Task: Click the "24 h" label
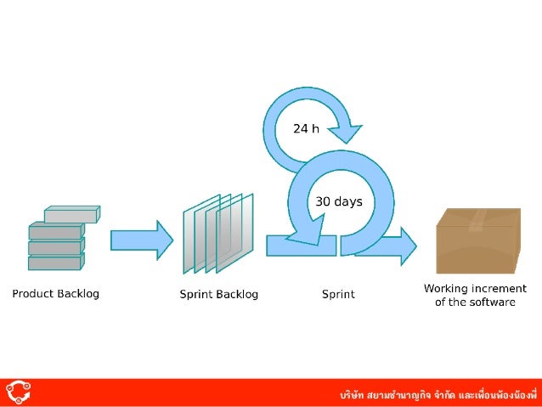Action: pyautogui.click(x=306, y=129)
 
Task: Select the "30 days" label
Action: pyautogui.click(x=339, y=202)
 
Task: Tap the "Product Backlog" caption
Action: pyautogui.click(x=55, y=294)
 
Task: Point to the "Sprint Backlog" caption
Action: pyautogui.click(x=218, y=295)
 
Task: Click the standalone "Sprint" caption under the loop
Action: pyautogui.click(x=338, y=295)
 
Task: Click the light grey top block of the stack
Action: pyautogui.click(x=72, y=214)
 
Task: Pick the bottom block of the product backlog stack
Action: pyautogui.click(x=55, y=263)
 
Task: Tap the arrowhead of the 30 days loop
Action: pyautogui.click(x=305, y=230)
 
